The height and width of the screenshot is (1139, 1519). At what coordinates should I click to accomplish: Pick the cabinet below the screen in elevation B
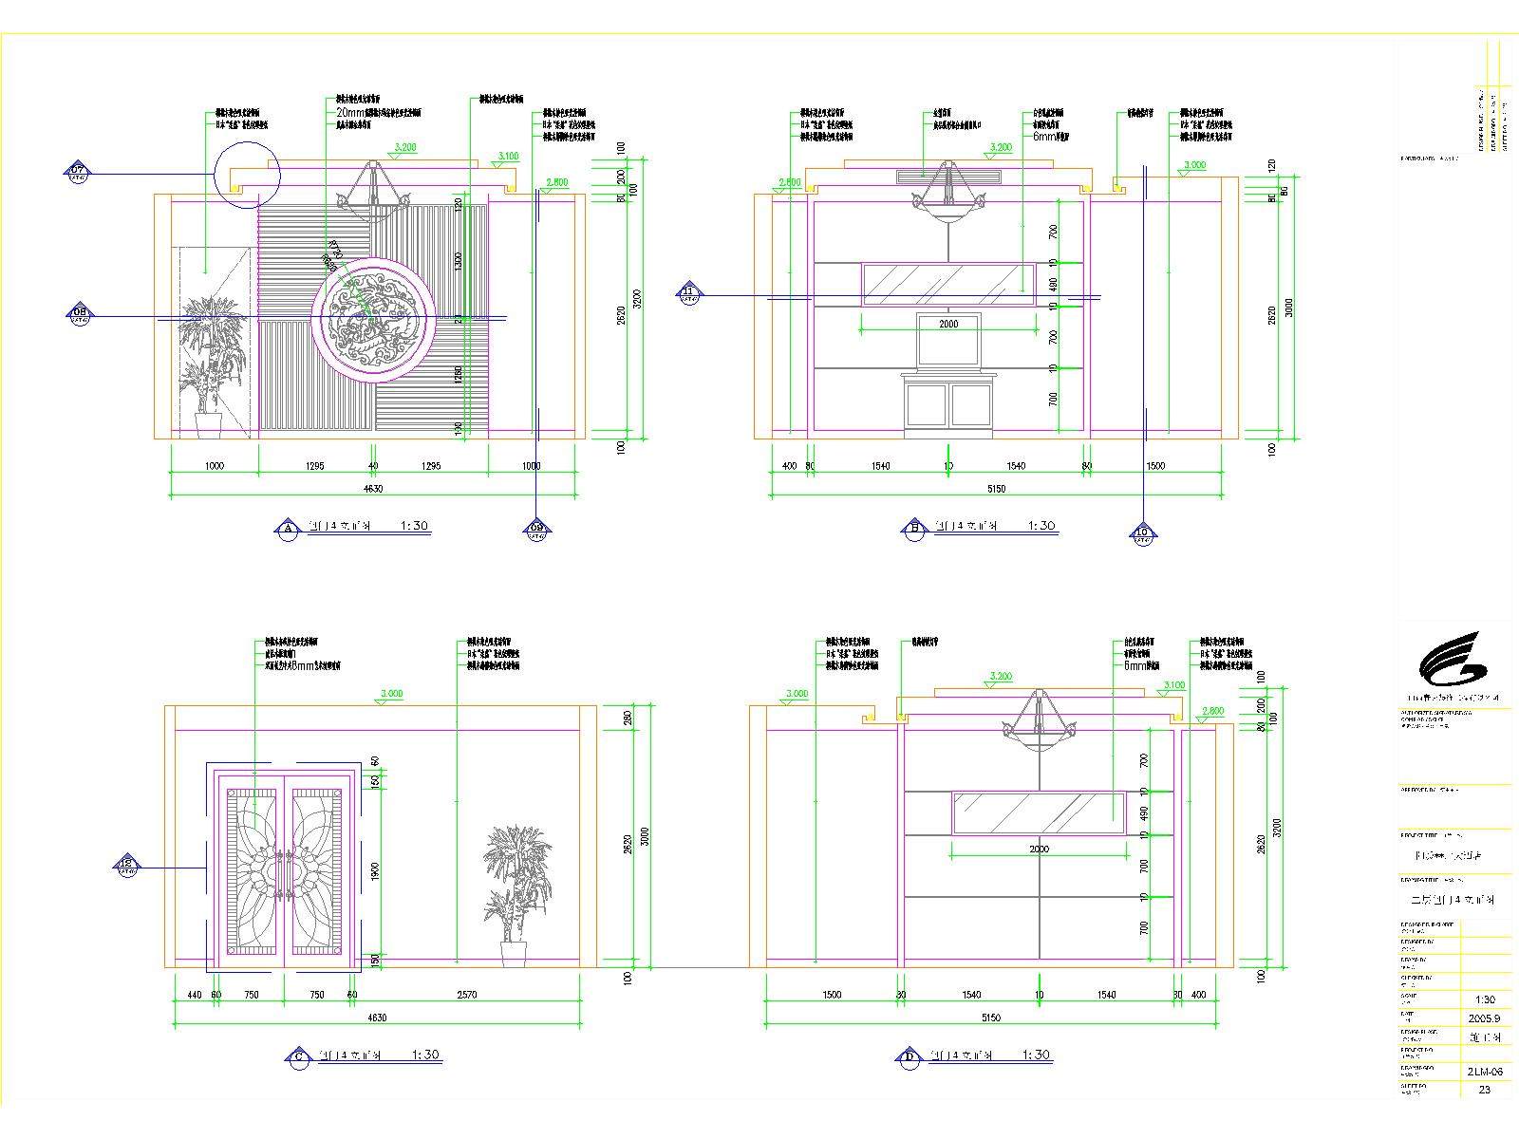[x=948, y=404]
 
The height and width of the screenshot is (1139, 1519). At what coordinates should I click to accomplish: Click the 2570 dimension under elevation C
[x=467, y=995]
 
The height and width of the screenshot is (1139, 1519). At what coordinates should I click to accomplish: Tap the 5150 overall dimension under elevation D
[x=991, y=1018]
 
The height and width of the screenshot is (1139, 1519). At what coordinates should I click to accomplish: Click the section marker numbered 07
[x=78, y=172]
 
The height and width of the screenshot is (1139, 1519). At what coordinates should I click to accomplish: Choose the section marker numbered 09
[x=536, y=531]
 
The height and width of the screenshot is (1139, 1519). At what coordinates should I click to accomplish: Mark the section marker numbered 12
[x=126, y=866]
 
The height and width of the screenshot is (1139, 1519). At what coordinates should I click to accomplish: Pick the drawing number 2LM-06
[x=1485, y=1071]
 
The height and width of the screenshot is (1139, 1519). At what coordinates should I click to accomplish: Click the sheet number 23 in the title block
[x=1485, y=1090]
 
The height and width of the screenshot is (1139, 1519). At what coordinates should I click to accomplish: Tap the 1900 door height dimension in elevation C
[x=375, y=868]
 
